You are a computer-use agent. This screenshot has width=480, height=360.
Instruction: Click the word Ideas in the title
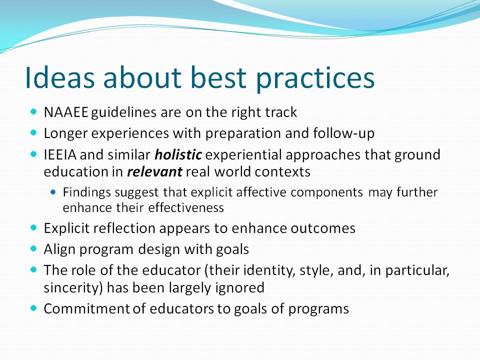pos(59,77)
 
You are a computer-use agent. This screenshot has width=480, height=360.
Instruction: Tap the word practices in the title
pos(315,79)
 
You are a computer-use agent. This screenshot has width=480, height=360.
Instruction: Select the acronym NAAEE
pos(66,112)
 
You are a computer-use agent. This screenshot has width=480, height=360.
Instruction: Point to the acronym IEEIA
pos(60,154)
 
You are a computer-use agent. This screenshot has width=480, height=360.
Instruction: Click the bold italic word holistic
pos(178,154)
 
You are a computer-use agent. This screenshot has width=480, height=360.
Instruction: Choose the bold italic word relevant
pos(154,171)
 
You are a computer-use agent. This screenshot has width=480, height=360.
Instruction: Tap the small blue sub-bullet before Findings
pos(53,192)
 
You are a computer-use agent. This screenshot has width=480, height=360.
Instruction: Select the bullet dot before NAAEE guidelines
pos(33,111)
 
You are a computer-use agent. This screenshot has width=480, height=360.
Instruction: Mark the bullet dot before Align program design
pos(33,248)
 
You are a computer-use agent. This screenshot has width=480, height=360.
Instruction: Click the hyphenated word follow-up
pos(344,133)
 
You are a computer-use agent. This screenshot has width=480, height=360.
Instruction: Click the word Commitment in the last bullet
pos(87,309)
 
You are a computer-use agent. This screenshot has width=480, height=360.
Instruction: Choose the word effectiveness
pos(186,208)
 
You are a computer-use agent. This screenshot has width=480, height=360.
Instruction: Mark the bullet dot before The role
pos(33,269)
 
